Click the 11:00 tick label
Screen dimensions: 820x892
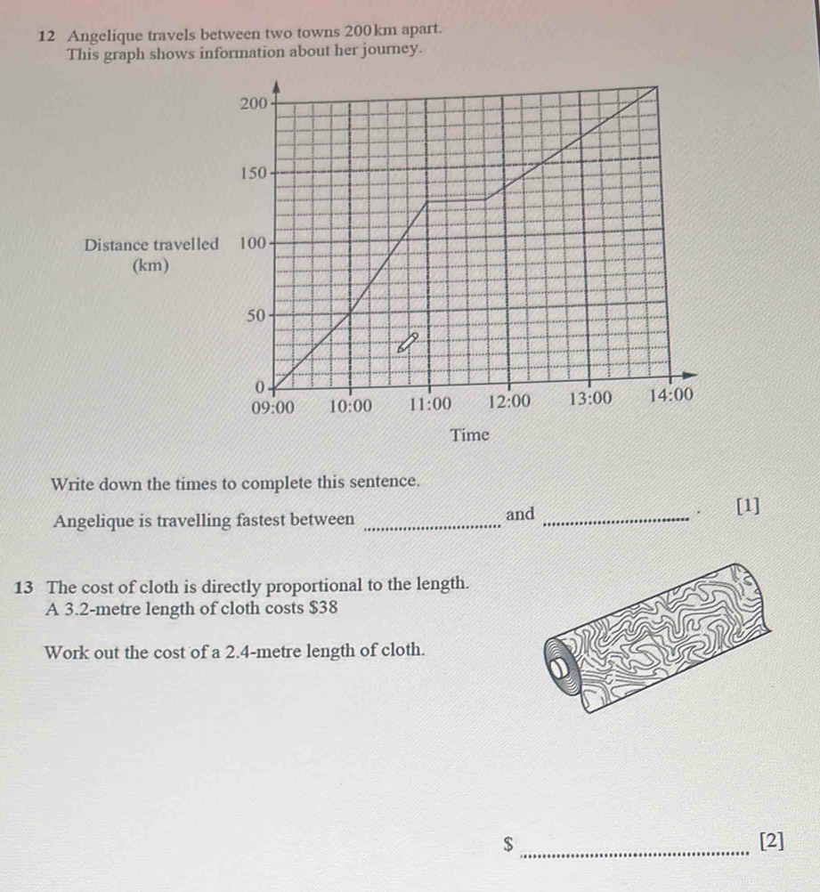click(430, 403)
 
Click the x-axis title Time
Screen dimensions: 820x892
click(470, 435)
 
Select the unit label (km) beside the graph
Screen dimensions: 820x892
click(150, 265)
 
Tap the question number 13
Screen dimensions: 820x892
click(25, 587)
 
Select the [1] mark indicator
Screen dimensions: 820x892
click(749, 507)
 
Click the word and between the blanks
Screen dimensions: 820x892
click(519, 514)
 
